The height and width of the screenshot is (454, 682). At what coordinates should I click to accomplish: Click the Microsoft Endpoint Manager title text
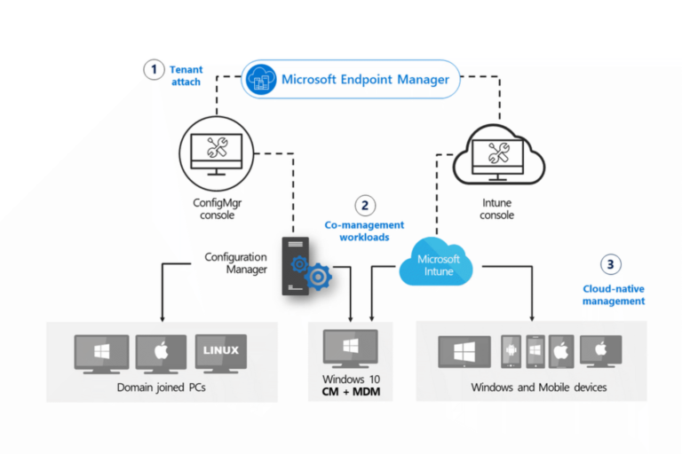(x=365, y=80)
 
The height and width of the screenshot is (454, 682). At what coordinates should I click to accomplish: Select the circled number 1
(x=155, y=70)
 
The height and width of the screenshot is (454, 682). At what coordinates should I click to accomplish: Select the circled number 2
(x=365, y=206)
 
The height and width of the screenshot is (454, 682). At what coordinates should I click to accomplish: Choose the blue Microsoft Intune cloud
(x=439, y=263)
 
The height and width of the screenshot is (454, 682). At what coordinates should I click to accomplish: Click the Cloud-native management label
(x=614, y=294)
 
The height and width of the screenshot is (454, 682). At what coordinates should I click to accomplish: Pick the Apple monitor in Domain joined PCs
(x=161, y=351)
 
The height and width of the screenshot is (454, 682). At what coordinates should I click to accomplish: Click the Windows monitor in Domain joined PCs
(x=100, y=351)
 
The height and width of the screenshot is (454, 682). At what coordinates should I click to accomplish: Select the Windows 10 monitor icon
(x=351, y=347)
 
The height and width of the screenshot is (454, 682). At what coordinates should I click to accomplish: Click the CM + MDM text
(x=351, y=392)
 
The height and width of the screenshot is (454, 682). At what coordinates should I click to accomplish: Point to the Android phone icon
(x=511, y=351)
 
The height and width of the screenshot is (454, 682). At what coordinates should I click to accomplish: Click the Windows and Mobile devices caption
(x=538, y=387)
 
